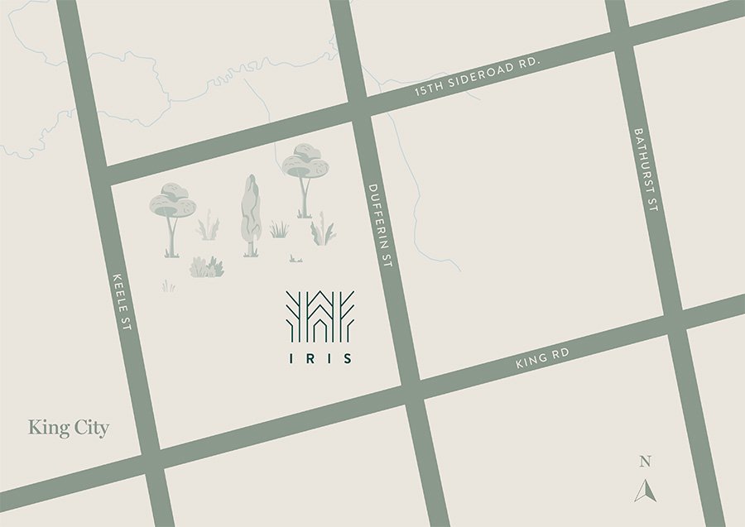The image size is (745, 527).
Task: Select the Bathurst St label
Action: pos(646,170)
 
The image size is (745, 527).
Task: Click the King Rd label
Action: pos(542,358)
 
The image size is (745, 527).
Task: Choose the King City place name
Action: pos(69,428)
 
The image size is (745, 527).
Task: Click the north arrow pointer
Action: pos(645,490)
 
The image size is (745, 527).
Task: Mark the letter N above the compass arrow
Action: pos(645,462)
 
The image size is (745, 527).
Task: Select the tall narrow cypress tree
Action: pos(250,214)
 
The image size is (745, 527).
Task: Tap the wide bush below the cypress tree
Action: pos(206,267)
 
